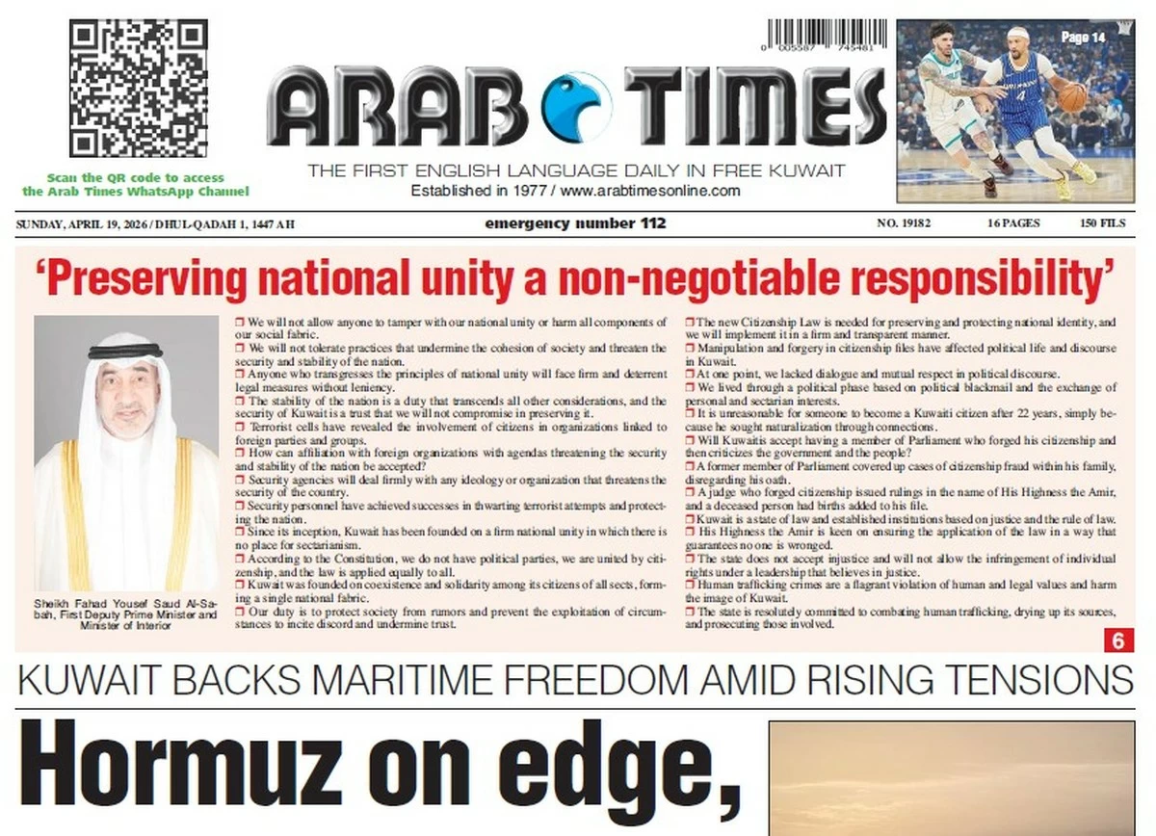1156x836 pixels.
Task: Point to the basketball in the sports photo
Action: [1071, 97]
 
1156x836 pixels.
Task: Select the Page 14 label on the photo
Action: [1083, 37]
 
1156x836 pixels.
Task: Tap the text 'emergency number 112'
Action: [575, 223]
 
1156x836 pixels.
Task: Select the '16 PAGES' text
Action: [1012, 223]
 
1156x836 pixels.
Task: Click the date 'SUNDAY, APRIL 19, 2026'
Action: [78, 224]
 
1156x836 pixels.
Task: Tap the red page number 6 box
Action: [1117, 640]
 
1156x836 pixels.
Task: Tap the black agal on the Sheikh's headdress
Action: [125, 351]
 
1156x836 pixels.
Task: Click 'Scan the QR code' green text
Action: [135, 178]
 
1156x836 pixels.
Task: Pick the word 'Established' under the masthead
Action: [450, 191]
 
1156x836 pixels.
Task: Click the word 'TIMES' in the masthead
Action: [754, 106]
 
